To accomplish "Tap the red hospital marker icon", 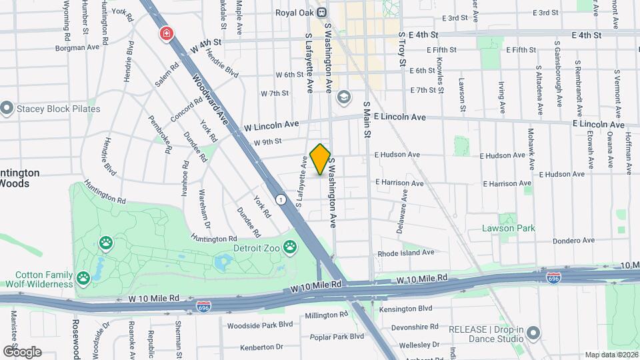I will [x=165, y=33].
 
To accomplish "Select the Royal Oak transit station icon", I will [x=321, y=11].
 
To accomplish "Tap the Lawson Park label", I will [x=509, y=228].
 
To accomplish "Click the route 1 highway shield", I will [x=281, y=199].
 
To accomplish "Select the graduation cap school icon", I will [x=343, y=97].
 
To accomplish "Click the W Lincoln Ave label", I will [x=271, y=125].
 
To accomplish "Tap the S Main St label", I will [x=366, y=120].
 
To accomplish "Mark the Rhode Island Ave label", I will [x=406, y=253].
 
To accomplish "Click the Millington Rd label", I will [x=327, y=315].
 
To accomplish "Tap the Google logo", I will [x=22, y=351].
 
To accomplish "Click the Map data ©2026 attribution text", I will [x=611, y=355].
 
